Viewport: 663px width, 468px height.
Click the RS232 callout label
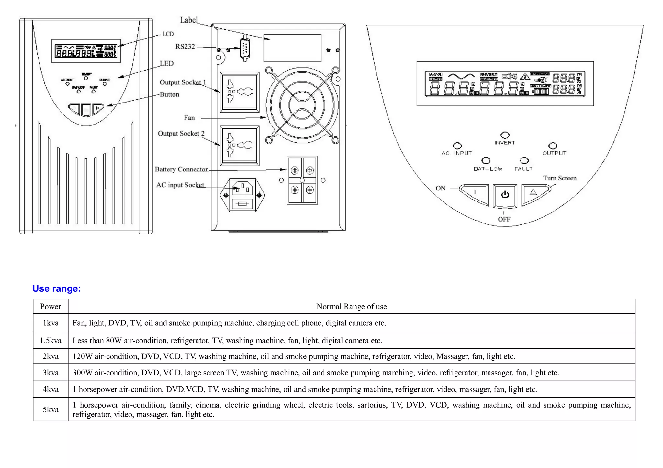[185, 47]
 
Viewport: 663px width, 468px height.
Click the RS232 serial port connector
[245, 49]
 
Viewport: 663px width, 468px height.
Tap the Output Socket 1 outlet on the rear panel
[240, 92]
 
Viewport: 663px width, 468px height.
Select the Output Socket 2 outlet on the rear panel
[240, 146]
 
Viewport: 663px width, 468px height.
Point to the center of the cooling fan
[302, 105]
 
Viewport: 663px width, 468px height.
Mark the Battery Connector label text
[181, 169]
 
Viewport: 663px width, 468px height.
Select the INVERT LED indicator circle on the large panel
[505, 135]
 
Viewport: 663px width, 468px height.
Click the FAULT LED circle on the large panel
[524, 161]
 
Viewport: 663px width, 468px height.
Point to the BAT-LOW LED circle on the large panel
[486, 161]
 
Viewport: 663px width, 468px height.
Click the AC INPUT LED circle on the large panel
[457, 146]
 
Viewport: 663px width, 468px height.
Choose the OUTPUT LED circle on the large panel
[553, 146]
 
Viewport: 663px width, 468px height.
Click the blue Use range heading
[57, 288]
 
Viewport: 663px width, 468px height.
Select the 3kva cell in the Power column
[51, 373]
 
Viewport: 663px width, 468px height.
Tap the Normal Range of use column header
[352, 307]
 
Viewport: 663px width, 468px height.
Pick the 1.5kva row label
[51, 341]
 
